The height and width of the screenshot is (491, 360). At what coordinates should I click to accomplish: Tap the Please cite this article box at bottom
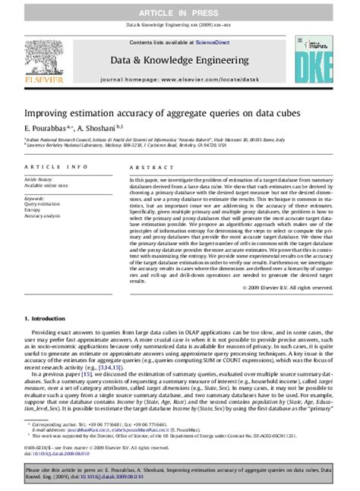pyautogui.click(x=180, y=474)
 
